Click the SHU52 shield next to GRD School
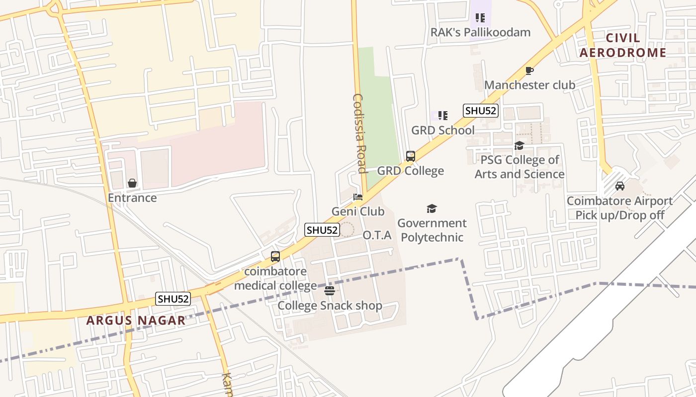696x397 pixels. [x=481, y=111]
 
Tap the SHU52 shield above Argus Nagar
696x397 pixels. [x=174, y=299]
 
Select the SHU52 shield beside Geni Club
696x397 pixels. [x=322, y=230]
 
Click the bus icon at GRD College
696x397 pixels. [x=411, y=156]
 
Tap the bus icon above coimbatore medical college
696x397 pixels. [x=275, y=257]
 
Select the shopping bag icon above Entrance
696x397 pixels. [x=132, y=184]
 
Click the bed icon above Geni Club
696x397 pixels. [x=358, y=197]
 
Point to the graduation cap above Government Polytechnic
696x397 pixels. [x=432, y=209]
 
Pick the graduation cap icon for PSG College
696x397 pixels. [x=519, y=145]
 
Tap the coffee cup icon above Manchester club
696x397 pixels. [x=529, y=70]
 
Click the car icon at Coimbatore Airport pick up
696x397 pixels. [x=620, y=186]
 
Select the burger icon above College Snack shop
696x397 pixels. [x=329, y=291]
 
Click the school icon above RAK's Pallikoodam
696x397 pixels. [x=480, y=18]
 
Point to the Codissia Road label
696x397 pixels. [x=359, y=133]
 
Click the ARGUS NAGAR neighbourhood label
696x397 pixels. [x=136, y=320]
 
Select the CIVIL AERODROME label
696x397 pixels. [x=623, y=46]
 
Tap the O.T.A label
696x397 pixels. [x=377, y=235]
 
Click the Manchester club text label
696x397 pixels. [x=529, y=85]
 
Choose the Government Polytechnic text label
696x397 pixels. [x=432, y=230]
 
